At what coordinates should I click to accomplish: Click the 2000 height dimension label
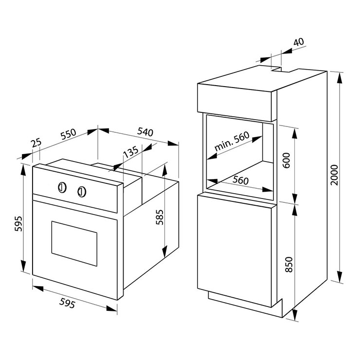click(x=334, y=176)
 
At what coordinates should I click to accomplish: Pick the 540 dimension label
click(x=146, y=131)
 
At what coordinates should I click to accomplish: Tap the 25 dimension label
click(x=36, y=144)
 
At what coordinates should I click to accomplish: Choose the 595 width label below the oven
click(x=68, y=304)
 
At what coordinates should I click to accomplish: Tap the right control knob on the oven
click(x=82, y=192)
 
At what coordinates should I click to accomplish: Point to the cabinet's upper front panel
click(x=235, y=104)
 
